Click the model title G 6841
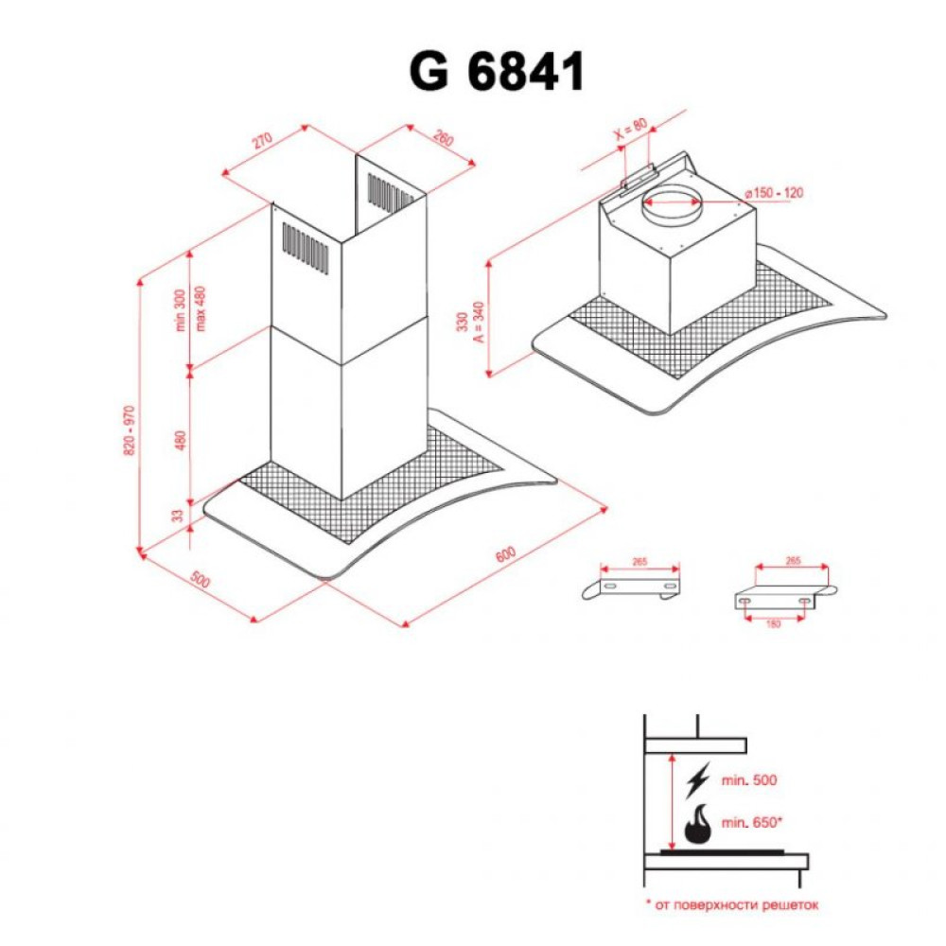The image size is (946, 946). tap(497, 71)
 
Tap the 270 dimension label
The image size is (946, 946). tap(262, 140)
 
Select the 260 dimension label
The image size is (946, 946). tap(442, 138)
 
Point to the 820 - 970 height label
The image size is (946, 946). tap(130, 430)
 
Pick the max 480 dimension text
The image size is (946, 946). tap(201, 307)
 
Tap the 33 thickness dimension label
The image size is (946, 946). tap(177, 516)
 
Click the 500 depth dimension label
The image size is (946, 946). tap(201, 579)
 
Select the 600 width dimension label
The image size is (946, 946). tap(505, 553)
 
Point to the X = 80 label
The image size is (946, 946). tap(631, 129)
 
